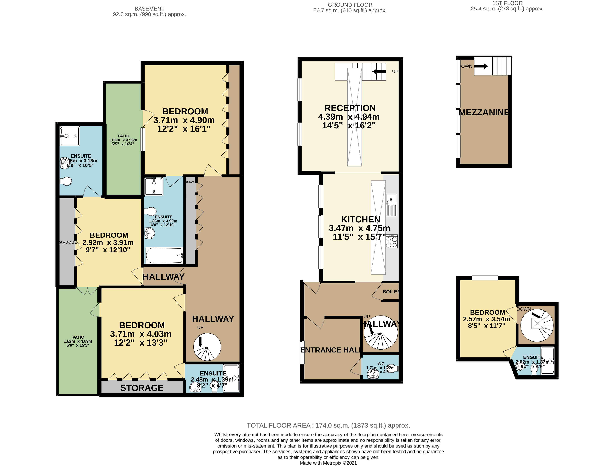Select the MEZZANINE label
[484, 112]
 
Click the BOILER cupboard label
[390, 292]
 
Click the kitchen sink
[391, 200]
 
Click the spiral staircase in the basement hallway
[207, 347]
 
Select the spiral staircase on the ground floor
[381, 333]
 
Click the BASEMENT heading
[149, 9]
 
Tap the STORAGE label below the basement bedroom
[142, 388]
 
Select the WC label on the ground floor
[381, 364]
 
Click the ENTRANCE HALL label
[330, 350]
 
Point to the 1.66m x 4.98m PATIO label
[123, 136]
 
